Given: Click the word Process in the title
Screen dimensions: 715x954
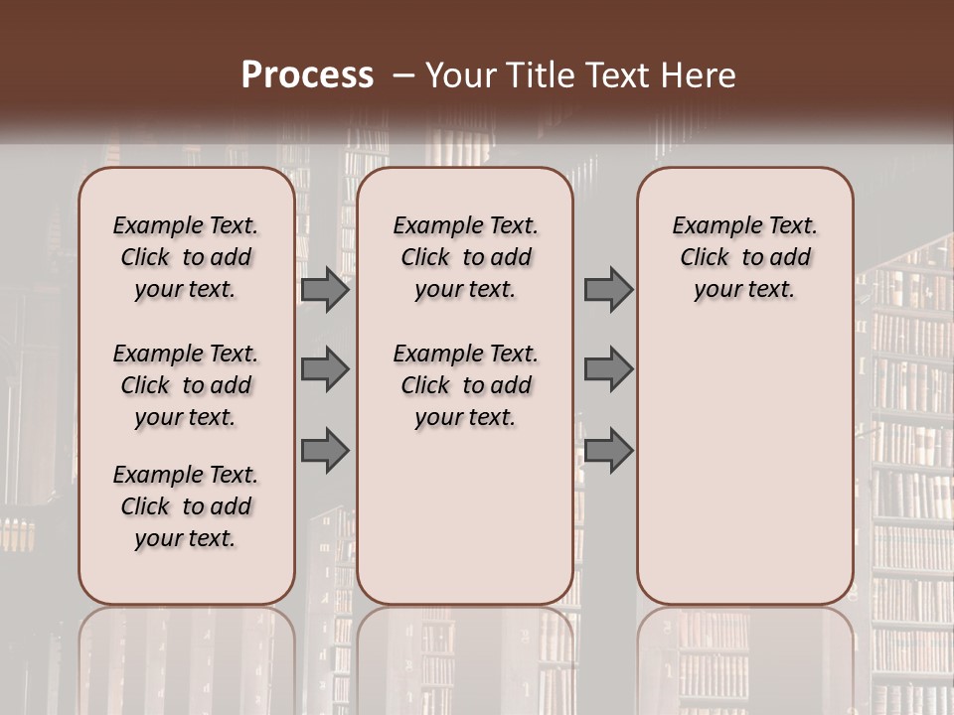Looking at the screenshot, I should coord(307,74).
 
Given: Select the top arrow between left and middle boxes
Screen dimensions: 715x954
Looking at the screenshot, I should coord(325,290).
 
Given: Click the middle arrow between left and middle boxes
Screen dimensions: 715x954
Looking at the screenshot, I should coord(325,369).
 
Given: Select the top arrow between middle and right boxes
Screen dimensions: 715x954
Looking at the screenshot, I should coord(608,290).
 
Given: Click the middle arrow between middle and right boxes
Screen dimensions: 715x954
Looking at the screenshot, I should coord(608,369).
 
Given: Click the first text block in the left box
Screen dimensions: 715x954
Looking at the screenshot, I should coord(186,257).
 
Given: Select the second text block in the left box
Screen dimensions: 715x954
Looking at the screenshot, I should coord(186,385).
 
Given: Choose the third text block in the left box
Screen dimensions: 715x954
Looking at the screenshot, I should coord(186,506).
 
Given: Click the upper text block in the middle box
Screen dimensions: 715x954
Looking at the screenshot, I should coord(465,257).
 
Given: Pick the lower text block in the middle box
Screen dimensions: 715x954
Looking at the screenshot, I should coord(465,385).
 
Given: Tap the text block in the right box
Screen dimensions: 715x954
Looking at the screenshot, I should coord(744,257).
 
